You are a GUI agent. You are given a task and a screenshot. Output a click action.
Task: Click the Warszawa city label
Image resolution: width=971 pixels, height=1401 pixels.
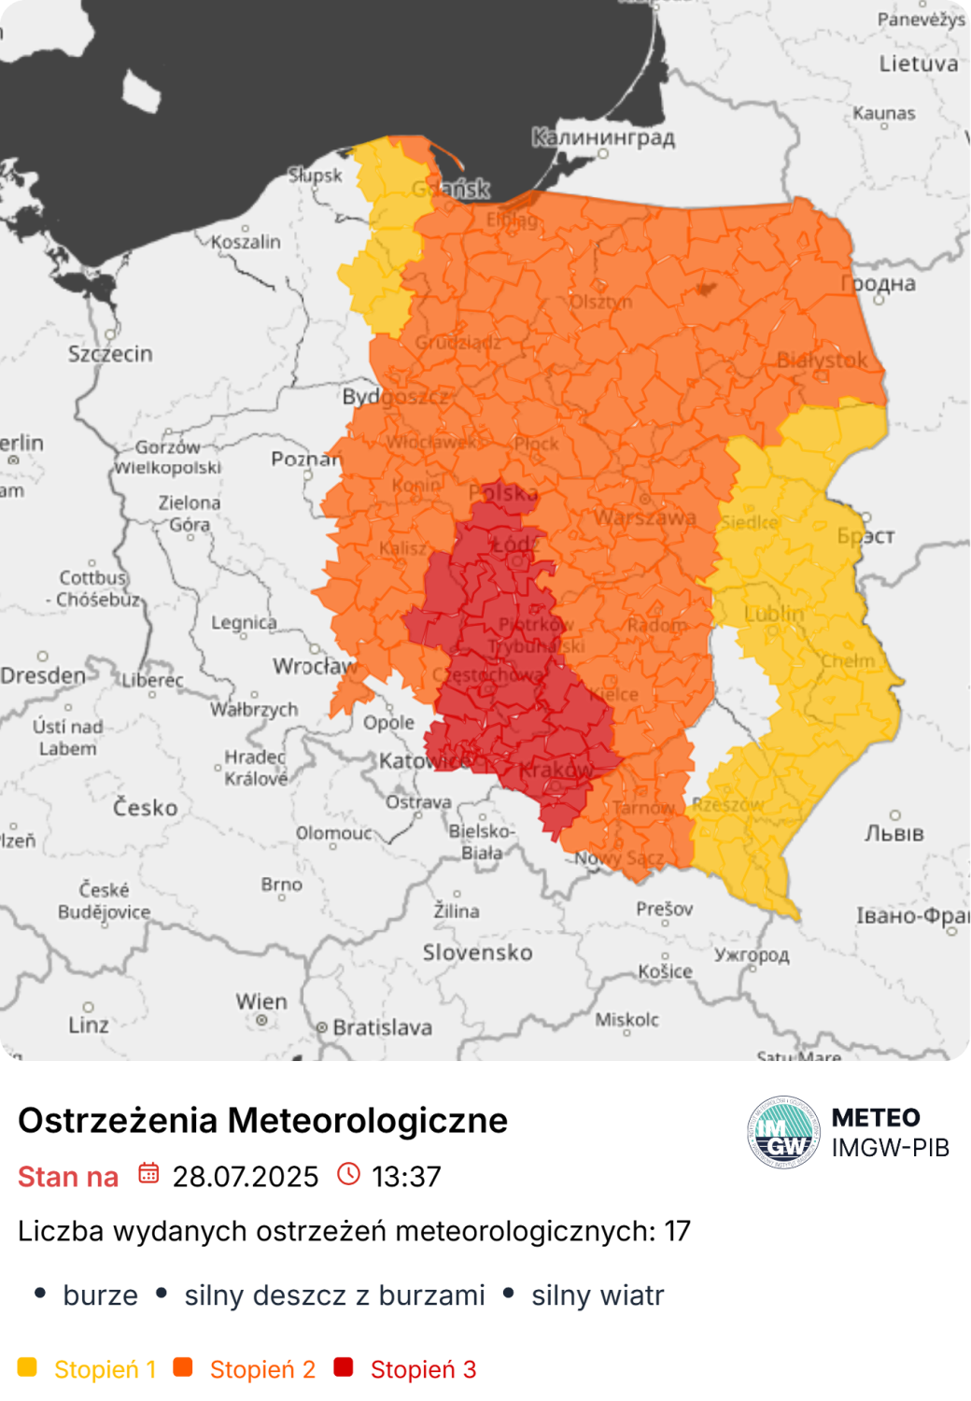pos(645,517)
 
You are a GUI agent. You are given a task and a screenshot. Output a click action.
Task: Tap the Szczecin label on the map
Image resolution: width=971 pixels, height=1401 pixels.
pos(110,354)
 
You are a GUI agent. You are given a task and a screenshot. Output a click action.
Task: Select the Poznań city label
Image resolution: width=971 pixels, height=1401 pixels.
pos(306,459)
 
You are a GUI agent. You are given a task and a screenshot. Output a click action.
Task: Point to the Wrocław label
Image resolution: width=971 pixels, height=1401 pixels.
pos(315,666)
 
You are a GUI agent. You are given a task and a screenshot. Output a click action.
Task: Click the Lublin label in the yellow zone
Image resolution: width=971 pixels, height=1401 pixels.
pos(774,614)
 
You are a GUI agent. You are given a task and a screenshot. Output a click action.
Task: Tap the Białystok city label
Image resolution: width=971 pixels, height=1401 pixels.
pos(822,360)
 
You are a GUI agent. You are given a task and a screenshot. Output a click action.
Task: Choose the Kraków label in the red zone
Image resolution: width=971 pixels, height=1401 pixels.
pos(556,771)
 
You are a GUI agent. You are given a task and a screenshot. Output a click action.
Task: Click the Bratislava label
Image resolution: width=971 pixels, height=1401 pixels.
pos(382,1027)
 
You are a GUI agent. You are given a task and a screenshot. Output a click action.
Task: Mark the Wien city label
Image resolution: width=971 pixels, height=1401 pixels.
pos(261,1001)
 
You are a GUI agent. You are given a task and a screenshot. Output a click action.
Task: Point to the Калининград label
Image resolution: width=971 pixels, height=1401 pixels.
pos(603,137)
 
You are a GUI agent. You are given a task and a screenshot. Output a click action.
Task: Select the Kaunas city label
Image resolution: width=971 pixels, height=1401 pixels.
pos(884,113)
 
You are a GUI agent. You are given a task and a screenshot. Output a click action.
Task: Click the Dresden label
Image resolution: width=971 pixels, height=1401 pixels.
pos(43,675)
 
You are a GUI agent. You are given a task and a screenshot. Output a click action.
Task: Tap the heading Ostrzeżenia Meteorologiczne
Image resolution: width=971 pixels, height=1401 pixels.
pos(262,1120)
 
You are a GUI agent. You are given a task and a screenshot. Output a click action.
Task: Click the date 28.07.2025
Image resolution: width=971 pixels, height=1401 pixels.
pos(246,1177)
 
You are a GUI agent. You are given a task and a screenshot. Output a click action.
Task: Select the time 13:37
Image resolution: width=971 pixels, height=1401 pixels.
pos(406,1177)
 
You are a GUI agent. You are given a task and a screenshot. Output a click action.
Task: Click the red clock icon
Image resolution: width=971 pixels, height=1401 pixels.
pos(348,1174)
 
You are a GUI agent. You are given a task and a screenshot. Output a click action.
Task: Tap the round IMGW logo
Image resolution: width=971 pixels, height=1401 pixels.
pos(783,1132)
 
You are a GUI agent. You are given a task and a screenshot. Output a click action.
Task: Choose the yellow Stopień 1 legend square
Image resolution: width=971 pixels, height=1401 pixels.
pos(27,1367)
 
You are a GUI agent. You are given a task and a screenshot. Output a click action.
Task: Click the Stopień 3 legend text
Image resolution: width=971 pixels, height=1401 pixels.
pos(423,1369)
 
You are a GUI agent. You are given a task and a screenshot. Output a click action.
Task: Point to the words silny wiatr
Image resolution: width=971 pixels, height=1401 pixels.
pos(598,1295)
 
